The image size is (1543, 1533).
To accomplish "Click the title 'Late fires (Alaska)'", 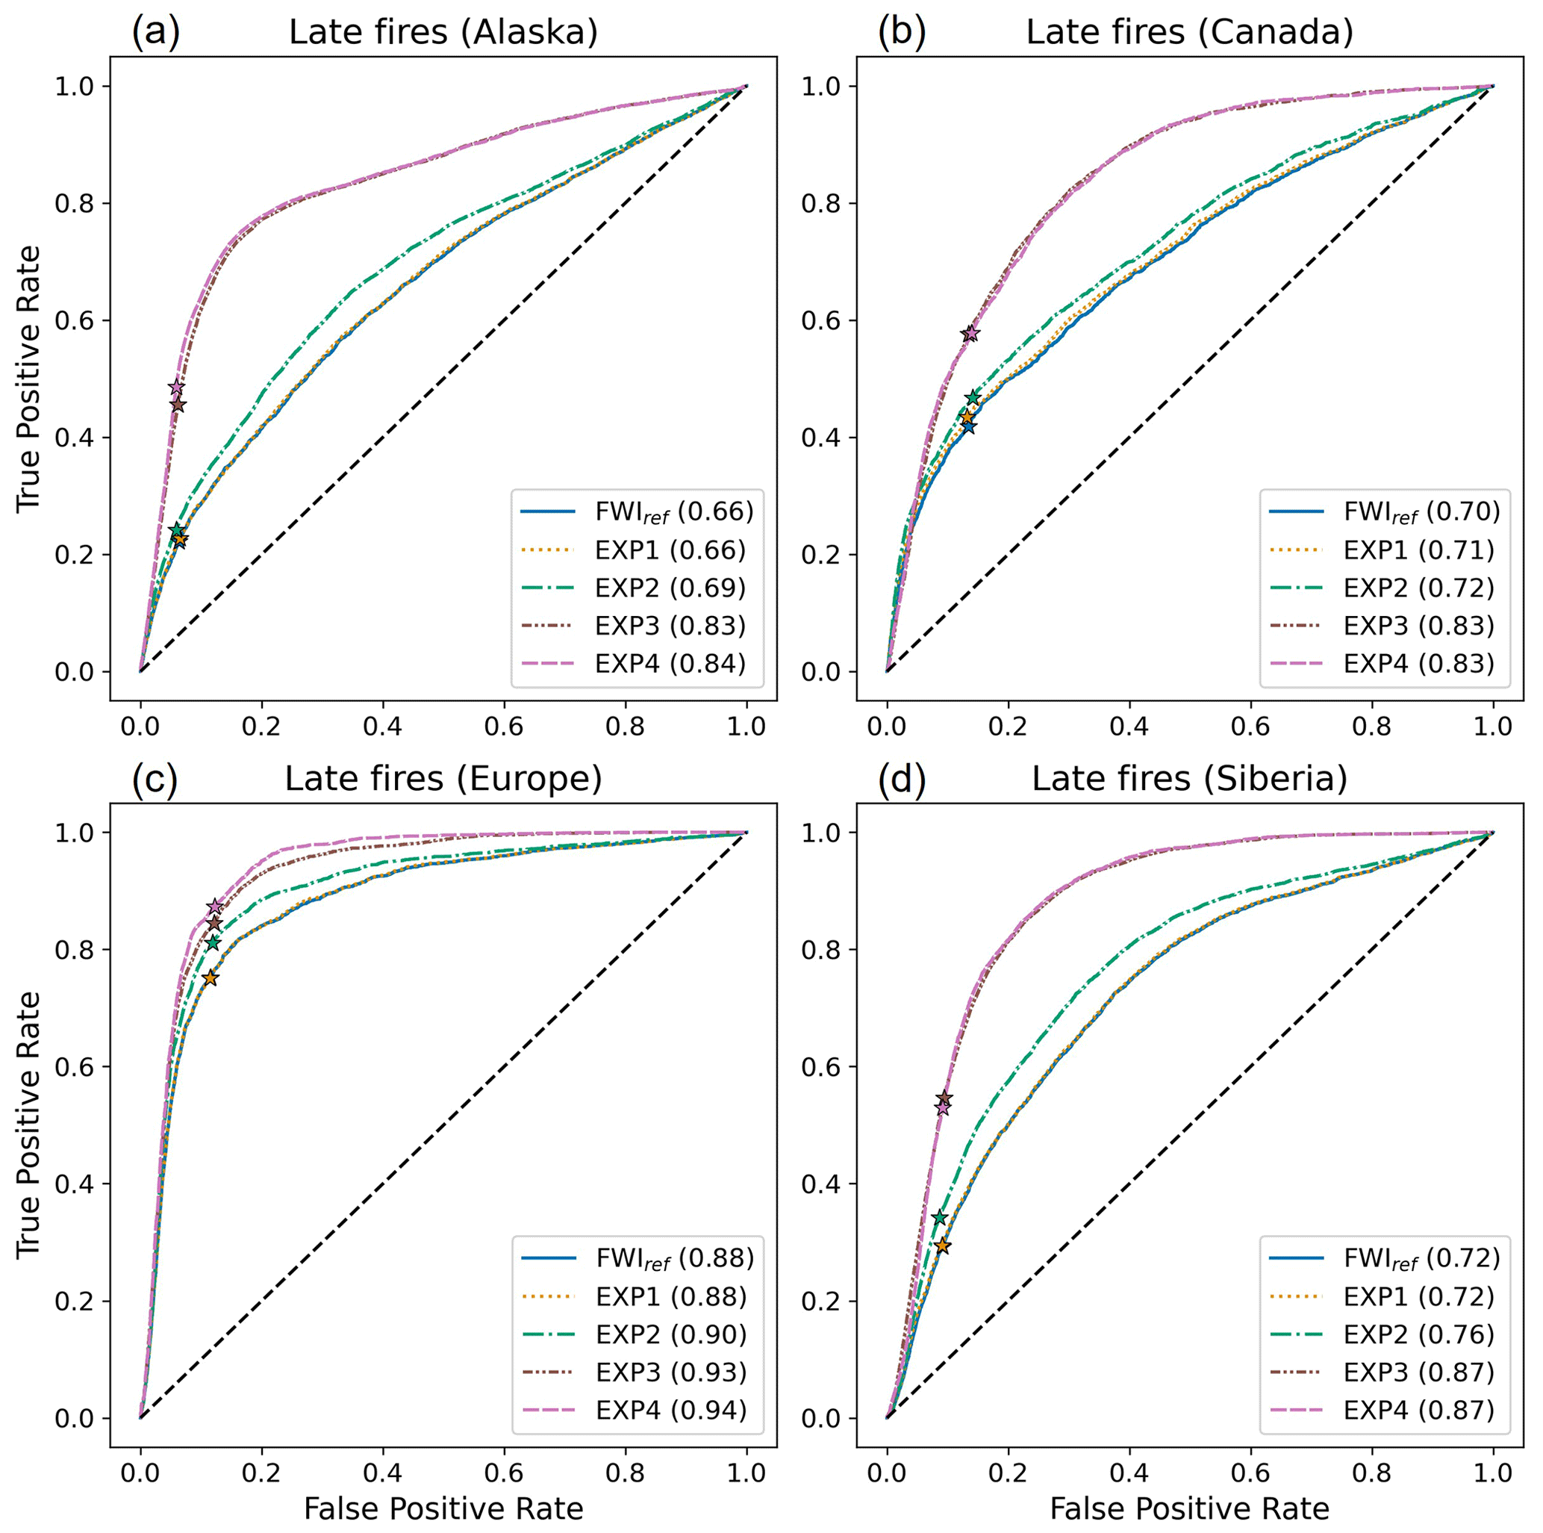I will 443,33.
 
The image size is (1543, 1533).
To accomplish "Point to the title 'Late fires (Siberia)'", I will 1189,779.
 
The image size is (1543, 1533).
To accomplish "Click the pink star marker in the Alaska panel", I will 176,388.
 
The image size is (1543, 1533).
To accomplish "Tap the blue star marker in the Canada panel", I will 969,426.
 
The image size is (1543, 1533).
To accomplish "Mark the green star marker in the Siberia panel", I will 940,1217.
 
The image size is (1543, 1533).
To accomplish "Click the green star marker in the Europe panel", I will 213,943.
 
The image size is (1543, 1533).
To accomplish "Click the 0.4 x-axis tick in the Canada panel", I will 1129,726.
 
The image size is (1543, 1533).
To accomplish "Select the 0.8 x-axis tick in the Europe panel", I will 626,1473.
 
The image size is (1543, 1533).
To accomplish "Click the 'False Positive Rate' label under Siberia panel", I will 1189,1508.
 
